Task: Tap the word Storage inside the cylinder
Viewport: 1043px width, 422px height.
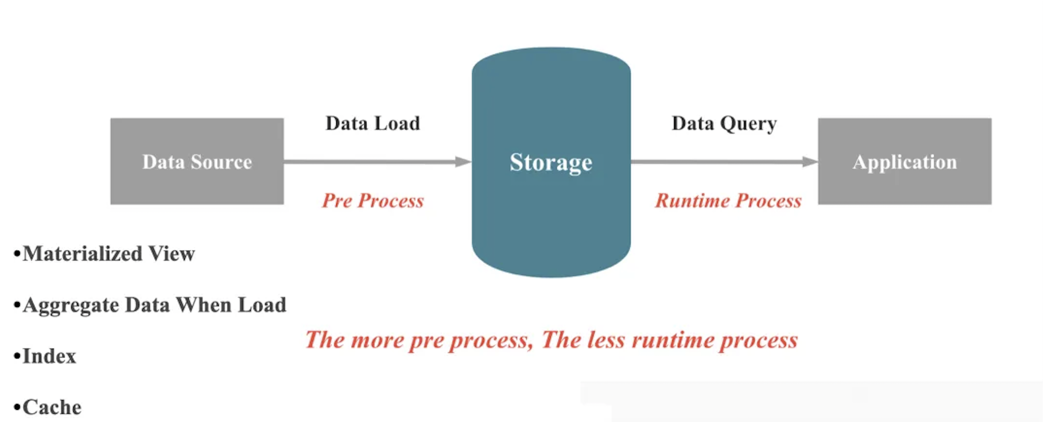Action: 551,162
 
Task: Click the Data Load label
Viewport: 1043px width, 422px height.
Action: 372,123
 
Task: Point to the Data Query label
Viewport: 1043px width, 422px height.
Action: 724,123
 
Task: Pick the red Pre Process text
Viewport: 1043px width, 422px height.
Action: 372,201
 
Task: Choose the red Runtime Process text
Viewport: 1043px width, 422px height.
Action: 728,201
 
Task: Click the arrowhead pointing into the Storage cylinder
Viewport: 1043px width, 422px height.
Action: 463,162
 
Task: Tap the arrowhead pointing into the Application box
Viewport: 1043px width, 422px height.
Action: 810,162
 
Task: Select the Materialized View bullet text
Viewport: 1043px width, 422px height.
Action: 109,254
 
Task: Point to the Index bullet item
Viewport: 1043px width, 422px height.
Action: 49,357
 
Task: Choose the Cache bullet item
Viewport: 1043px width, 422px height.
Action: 52,407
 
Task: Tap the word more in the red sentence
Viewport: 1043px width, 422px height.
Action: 377,340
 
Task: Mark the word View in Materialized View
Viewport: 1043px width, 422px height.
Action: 171,254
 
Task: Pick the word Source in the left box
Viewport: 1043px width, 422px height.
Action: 221,162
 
